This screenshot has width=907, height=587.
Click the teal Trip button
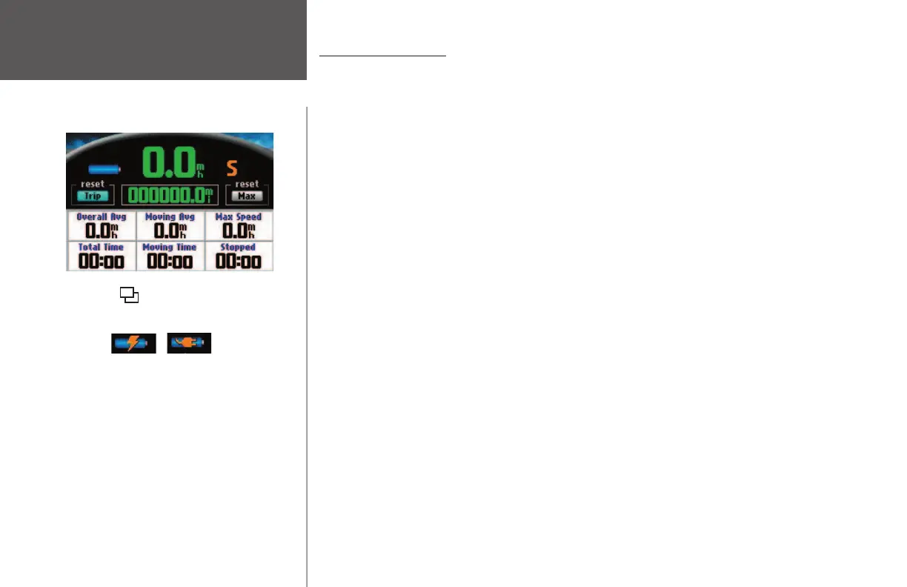coord(93,196)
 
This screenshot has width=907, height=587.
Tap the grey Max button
coord(247,196)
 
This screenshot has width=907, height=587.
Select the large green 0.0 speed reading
coord(169,163)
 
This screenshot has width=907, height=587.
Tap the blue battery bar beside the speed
coord(104,170)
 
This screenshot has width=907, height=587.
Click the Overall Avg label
coord(102,217)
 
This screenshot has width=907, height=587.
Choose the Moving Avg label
coord(170,217)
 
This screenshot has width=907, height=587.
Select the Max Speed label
coord(238,217)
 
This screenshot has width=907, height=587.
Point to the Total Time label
coord(102,247)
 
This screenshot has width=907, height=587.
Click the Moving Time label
coord(170,247)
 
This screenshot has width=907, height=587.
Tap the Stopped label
coord(238,247)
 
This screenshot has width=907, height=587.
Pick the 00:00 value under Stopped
coord(238,261)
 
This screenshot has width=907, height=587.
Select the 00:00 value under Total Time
coord(102,261)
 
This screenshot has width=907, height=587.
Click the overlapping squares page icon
coord(129,296)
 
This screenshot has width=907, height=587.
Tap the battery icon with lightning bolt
coord(134,343)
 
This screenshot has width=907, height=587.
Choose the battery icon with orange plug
coord(190,343)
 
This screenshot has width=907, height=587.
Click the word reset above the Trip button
coord(93,184)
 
